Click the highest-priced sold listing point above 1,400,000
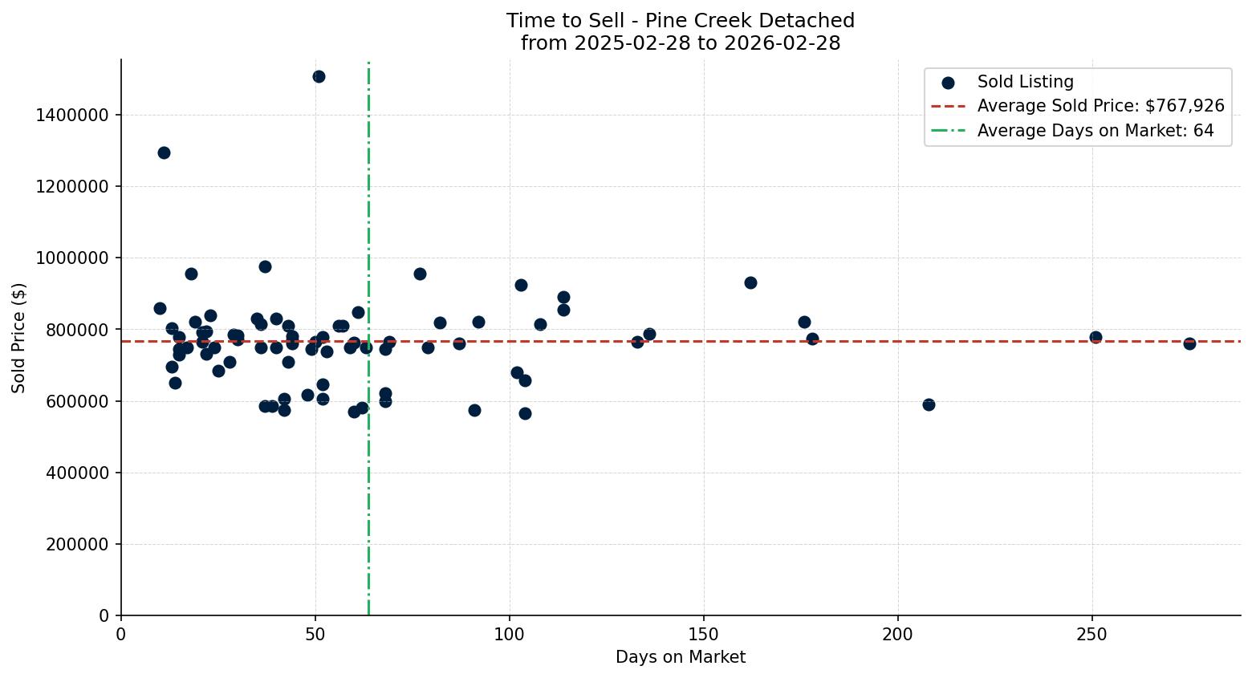[319, 76]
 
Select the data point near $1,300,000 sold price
[164, 152]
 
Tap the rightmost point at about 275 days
[1189, 343]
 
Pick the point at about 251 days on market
[1095, 337]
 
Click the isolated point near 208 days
[929, 404]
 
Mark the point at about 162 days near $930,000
[750, 282]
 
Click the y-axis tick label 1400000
[72, 116]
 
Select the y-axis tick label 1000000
[72, 258]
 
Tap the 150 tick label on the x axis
[704, 635]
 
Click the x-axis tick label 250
[1091, 635]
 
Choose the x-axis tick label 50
[315, 635]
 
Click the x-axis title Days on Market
[681, 657]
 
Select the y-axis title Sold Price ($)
[19, 338]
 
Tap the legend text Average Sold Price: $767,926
[1100, 106]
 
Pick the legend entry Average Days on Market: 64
[1095, 131]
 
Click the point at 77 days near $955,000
[420, 274]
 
